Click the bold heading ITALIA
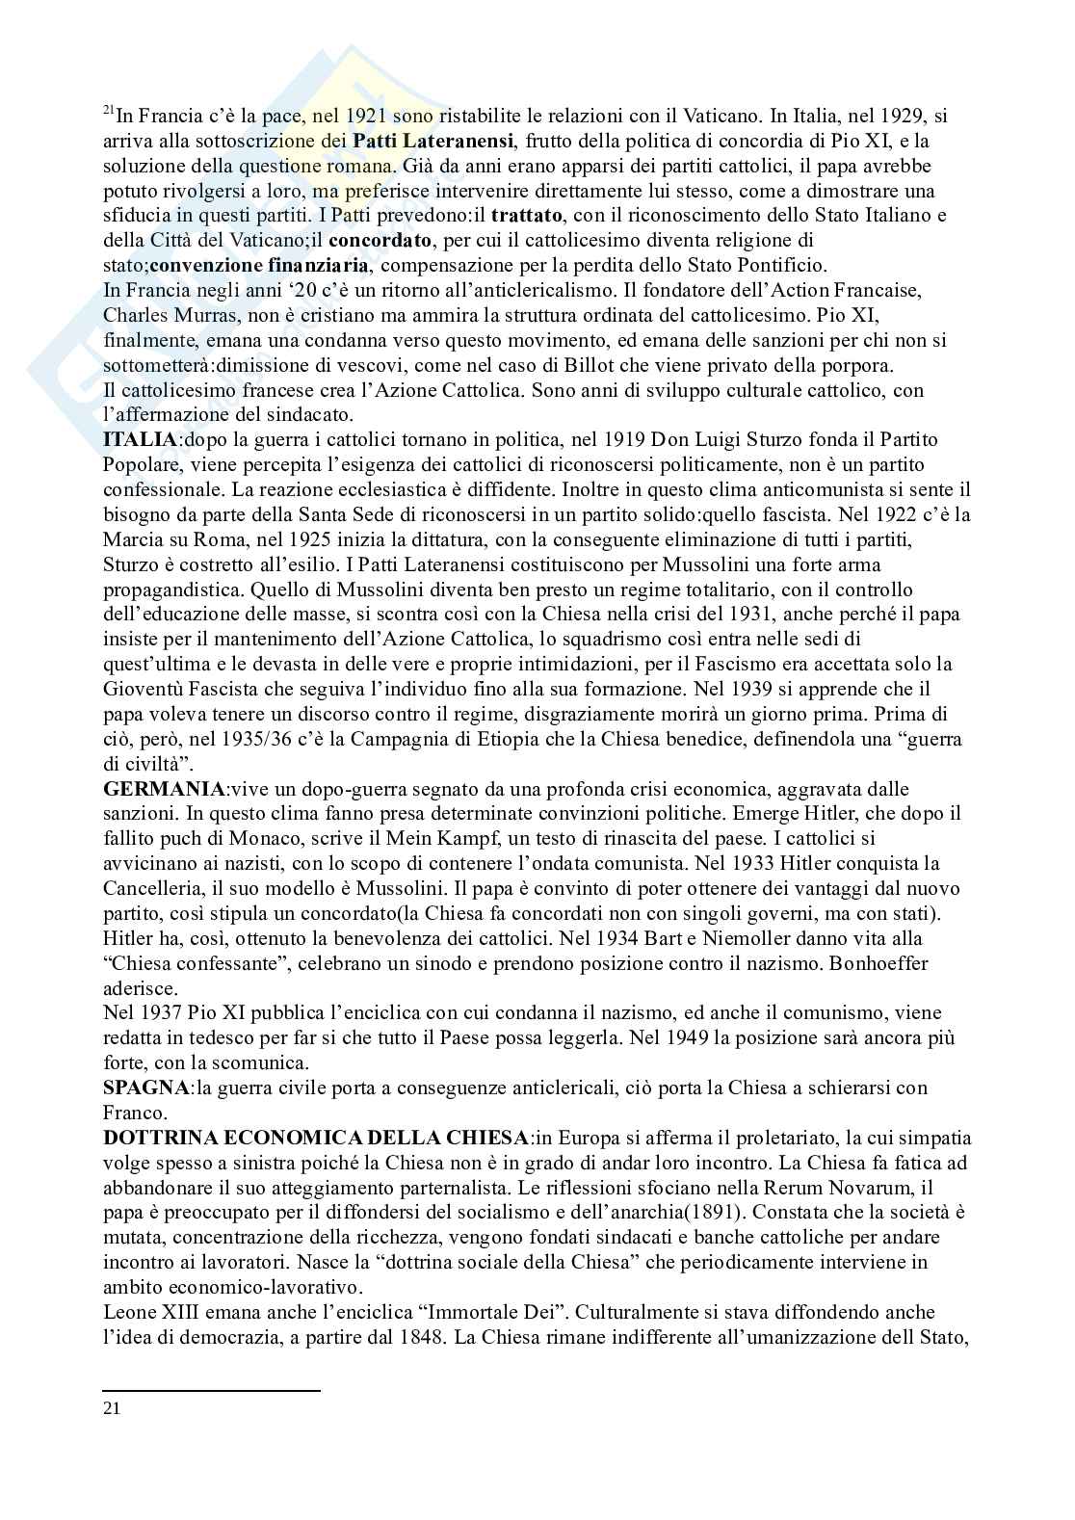(x=141, y=439)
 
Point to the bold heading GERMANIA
(x=164, y=789)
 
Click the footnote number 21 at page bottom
(x=112, y=1408)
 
